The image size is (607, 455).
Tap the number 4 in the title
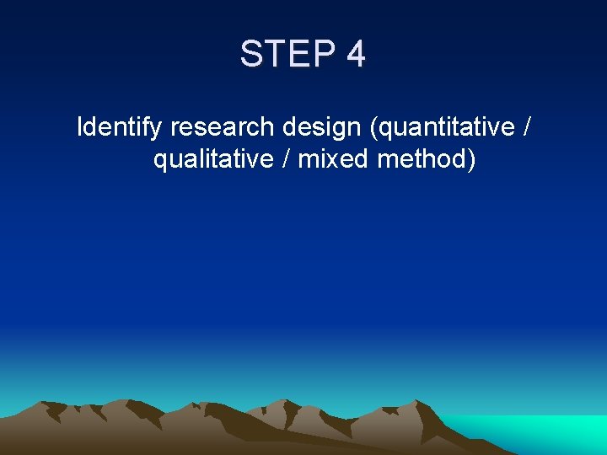pyautogui.click(x=356, y=55)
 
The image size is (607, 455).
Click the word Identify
pyautogui.click(x=120, y=128)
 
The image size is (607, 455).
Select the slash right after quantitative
pyautogui.click(x=527, y=128)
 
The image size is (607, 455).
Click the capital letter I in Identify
pyautogui.click(x=80, y=128)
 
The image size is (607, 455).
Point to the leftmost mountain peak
pyautogui.click(x=52, y=403)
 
